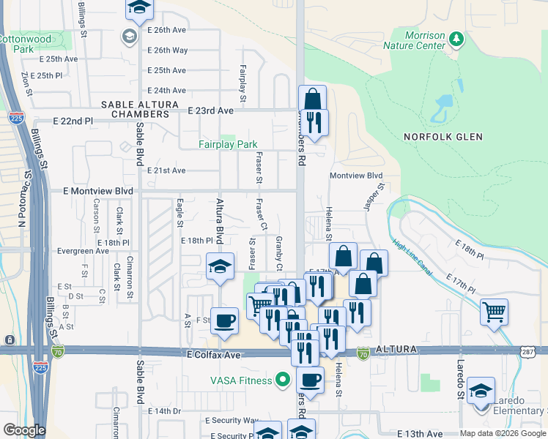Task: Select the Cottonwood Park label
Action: [x=26, y=44]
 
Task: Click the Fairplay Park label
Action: [x=228, y=144]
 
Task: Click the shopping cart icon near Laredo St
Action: [x=495, y=312]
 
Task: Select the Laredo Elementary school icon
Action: [x=481, y=391]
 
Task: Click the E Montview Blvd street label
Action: [x=100, y=191]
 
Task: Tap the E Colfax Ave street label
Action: [x=213, y=354]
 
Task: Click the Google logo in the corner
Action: [x=24, y=430]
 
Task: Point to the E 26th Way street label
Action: [x=168, y=50]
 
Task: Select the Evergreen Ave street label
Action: [x=84, y=251]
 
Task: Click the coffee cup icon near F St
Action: [x=224, y=320]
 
